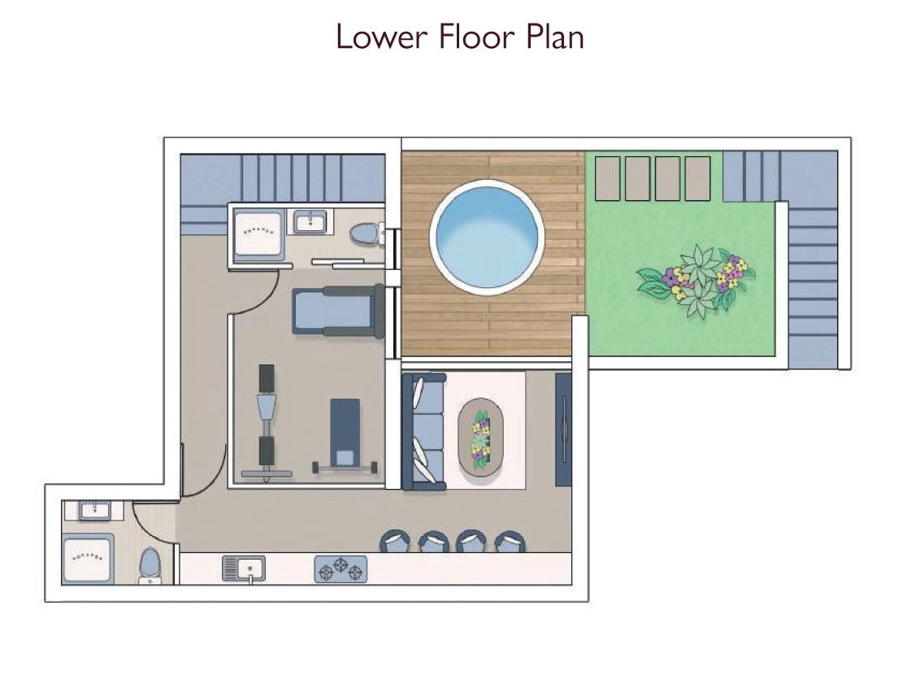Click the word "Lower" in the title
point(381,37)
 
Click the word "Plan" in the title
point(554,37)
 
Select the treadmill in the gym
point(339,312)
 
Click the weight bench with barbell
point(345,434)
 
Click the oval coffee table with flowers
point(481,434)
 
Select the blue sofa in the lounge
point(423,431)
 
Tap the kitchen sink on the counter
point(244,569)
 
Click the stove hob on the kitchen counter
point(341,569)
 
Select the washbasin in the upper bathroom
point(310,222)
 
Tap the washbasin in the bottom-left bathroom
point(95,510)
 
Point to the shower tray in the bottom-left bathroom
point(87,559)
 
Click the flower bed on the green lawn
point(696,281)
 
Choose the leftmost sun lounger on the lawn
point(607,178)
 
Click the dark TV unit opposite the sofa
point(563,430)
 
